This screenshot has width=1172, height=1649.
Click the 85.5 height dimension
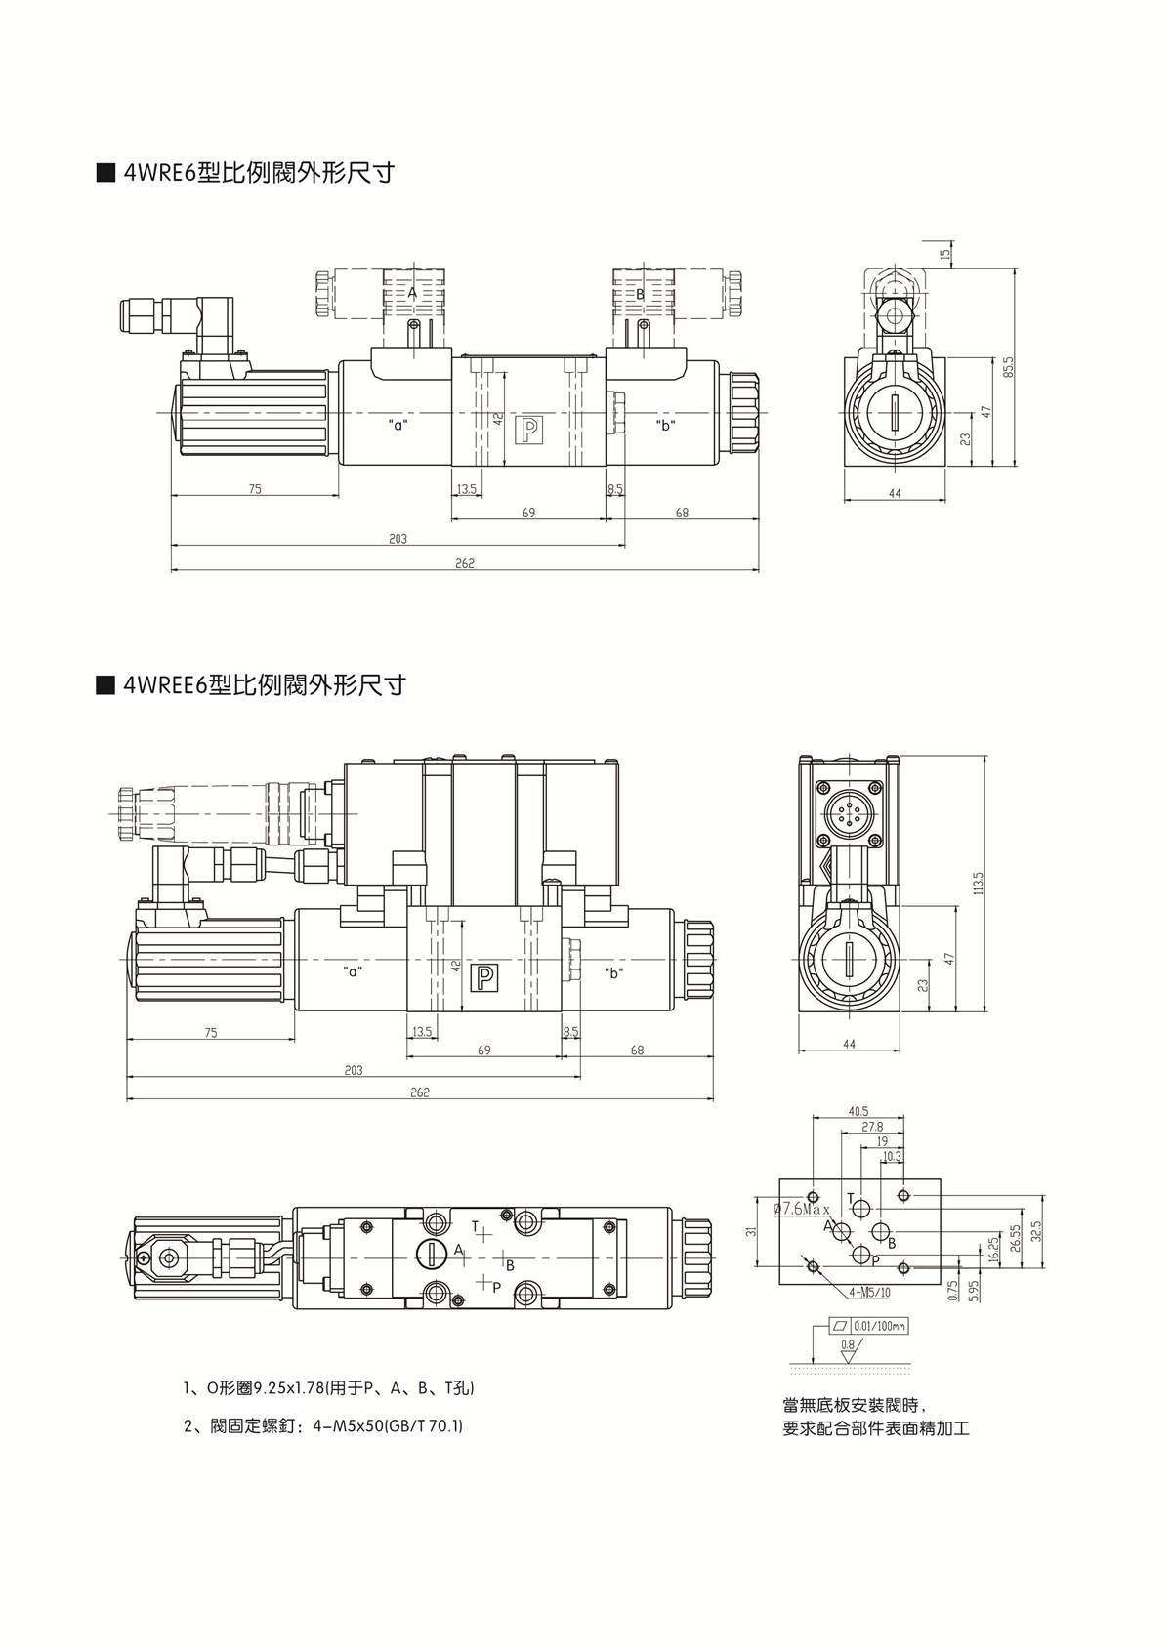click(1010, 368)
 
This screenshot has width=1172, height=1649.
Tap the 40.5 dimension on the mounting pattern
click(858, 1111)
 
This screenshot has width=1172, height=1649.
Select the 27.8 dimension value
click(872, 1127)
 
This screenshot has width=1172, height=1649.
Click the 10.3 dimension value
click(892, 1157)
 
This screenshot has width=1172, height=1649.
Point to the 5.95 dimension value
click(973, 1291)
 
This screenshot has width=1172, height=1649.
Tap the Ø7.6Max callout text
click(801, 1209)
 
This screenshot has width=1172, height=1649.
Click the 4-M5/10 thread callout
click(869, 1292)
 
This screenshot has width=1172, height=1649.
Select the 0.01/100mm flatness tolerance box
click(867, 1326)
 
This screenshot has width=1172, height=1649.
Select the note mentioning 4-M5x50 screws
click(323, 1426)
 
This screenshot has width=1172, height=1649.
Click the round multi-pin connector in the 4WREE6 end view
click(846, 808)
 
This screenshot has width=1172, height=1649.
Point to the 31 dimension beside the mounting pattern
click(751, 1231)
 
